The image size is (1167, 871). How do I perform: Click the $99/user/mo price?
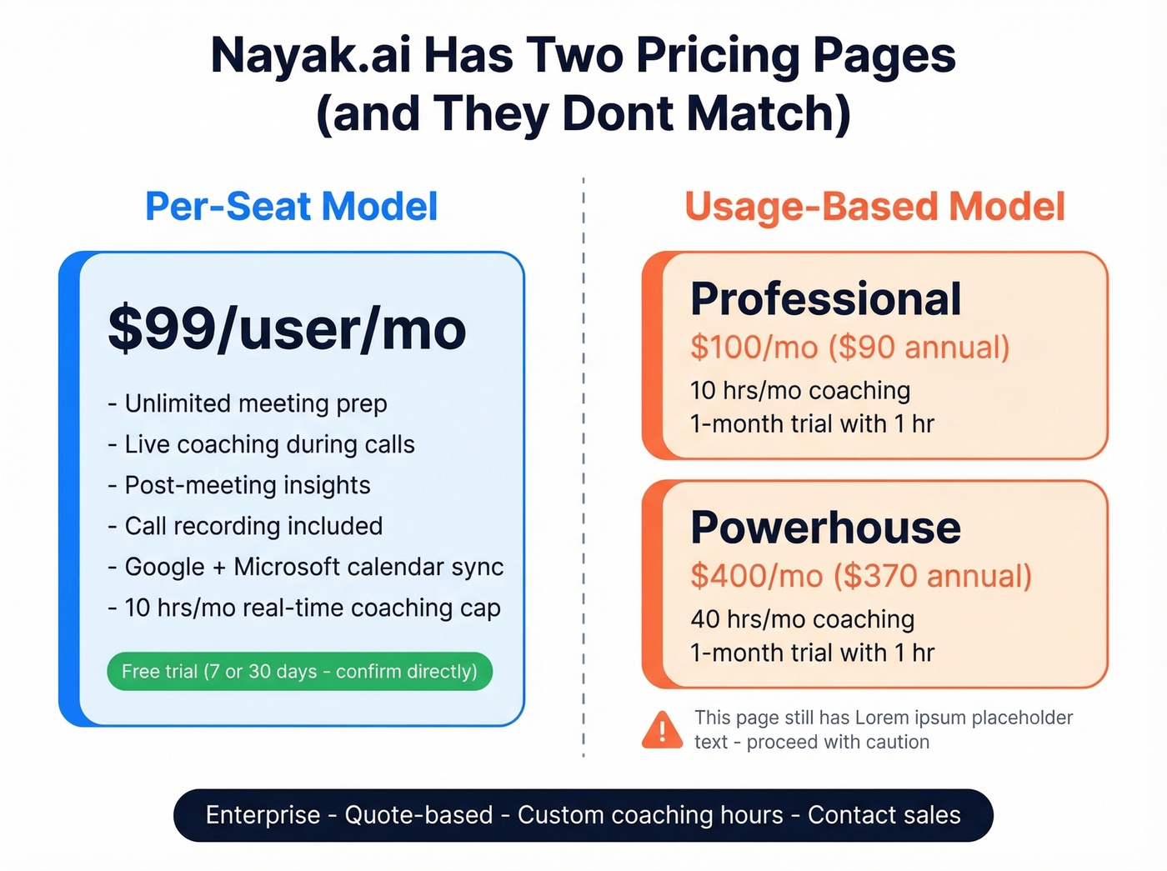click(x=287, y=329)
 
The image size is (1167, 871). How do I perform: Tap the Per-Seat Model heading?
click(x=291, y=207)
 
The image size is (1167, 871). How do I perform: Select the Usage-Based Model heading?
click(x=874, y=207)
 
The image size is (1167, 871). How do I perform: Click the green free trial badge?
click(x=299, y=671)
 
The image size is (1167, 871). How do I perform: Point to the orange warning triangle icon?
click(x=663, y=730)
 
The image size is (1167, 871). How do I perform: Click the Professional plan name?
click(x=825, y=298)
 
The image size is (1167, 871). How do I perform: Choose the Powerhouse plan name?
click(x=825, y=528)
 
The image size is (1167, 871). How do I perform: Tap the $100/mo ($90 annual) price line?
click(x=849, y=348)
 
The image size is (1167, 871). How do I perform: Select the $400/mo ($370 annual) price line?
click(x=860, y=576)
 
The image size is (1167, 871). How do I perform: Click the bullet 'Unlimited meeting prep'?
click(x=255, y=403)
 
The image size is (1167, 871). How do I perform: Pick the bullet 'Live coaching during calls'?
click(x=268, y=444)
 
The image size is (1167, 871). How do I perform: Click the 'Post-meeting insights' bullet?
click(x=247, y=485)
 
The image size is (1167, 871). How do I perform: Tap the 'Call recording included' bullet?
click(x=253, y=526)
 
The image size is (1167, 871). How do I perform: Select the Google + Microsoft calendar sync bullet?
click(x=313, y=567)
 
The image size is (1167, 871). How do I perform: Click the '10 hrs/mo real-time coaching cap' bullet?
click(x=312, y=608)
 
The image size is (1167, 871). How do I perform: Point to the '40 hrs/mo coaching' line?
click(x=802, y=619)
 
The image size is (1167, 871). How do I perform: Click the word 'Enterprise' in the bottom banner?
click(x=263, y=815)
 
